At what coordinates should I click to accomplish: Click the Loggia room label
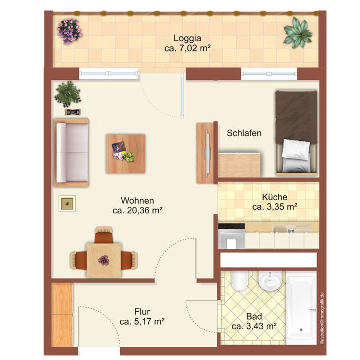[187, 38]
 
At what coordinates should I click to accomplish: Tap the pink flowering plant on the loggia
[70, 31]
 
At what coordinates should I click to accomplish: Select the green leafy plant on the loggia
[298, 33]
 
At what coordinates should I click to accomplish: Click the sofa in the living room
[71, 152]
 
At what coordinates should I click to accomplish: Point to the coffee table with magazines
[125, 154]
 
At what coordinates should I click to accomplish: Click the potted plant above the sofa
[68, 94]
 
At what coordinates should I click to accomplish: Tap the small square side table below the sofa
[67, 203]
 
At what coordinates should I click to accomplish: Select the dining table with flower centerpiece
[104, 260]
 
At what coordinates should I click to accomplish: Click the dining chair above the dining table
[104, 235]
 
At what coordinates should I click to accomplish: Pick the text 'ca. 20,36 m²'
[138, 210]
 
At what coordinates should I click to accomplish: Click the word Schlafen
[244, 133]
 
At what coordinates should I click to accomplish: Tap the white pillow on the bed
[296, 149]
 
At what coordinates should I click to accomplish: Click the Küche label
[275, 197]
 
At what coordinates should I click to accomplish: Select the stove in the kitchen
[231, 236]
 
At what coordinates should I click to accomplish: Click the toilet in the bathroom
[239, 281]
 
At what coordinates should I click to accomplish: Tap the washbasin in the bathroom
[270, 280]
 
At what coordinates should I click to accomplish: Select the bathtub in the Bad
[301, 308]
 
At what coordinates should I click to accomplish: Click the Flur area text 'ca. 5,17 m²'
[142, 321]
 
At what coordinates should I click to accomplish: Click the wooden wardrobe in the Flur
[62, 315]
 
